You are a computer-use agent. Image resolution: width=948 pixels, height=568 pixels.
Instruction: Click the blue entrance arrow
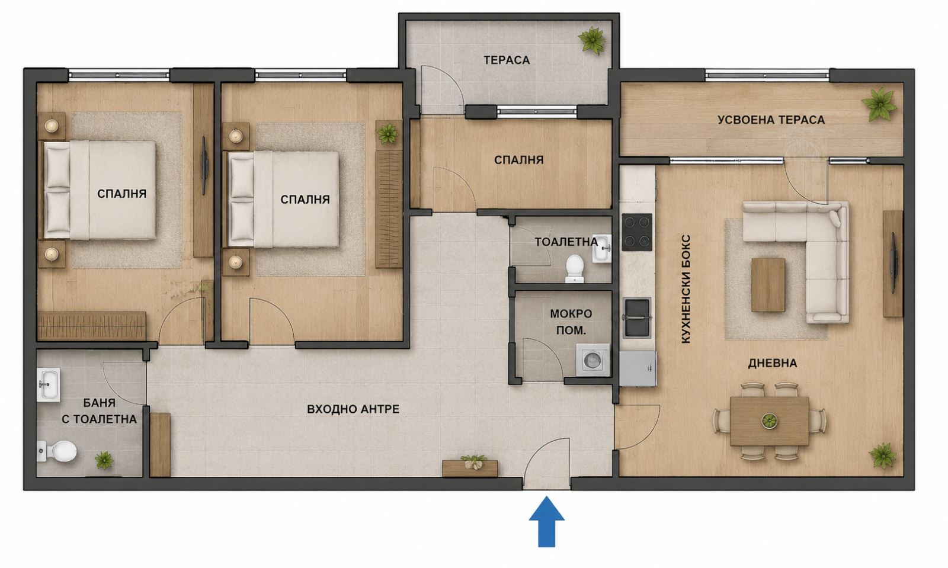(547, 521)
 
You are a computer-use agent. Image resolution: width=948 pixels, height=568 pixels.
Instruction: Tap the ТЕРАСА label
(507, 60)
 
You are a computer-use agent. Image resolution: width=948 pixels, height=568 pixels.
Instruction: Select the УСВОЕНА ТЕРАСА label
(771, 120)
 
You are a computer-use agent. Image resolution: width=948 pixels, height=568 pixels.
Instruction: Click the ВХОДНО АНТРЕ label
(353, 409)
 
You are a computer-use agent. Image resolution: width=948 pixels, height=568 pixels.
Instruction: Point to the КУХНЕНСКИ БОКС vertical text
(686, 289)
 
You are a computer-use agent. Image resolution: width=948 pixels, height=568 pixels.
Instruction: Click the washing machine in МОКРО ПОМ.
(592, 360)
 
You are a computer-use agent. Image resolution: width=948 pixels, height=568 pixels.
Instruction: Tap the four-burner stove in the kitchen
(637, 232)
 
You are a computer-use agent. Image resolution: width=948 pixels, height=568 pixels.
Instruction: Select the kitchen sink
(636, 317)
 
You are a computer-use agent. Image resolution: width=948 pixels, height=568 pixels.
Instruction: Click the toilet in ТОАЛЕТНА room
(575, 268)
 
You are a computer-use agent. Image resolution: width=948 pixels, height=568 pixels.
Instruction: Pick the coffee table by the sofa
(768, 285)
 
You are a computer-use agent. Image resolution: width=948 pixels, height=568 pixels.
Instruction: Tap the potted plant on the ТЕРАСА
(592, 40)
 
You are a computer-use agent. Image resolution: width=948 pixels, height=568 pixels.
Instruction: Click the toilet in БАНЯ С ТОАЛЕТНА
(57, 451)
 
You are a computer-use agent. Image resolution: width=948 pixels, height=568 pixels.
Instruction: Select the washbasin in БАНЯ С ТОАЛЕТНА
(48, 384)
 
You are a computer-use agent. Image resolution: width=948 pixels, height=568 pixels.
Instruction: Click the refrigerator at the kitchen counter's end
(638, 368)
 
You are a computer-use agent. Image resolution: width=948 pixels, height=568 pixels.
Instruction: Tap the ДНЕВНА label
(773, 363)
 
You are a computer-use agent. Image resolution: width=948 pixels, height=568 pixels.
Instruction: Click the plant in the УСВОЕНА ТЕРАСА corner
(879, 104)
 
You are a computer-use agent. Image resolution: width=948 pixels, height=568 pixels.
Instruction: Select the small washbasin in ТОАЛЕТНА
(601, 248)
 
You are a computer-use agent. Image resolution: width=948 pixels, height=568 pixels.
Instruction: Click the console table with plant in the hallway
(470, 467)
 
